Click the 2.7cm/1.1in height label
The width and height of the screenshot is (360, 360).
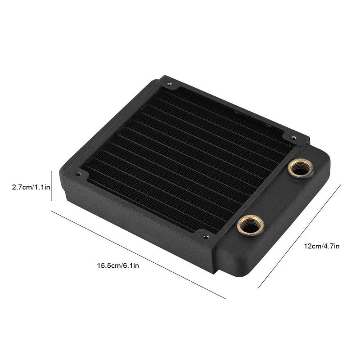[x=31, y=187]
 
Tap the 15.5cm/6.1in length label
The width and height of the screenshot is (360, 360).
[x=118, y=266]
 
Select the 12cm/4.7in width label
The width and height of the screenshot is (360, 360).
[x=322, y=246]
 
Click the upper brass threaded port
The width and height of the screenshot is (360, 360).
[x=301, y=167]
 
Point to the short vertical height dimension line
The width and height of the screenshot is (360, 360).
[x=51, y=186]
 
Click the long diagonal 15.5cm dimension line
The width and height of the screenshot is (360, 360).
[x=139, y=255]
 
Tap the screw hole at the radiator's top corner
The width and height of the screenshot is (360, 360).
[x=169, y=84]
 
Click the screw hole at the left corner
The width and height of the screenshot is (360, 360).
[x=78, y=174]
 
